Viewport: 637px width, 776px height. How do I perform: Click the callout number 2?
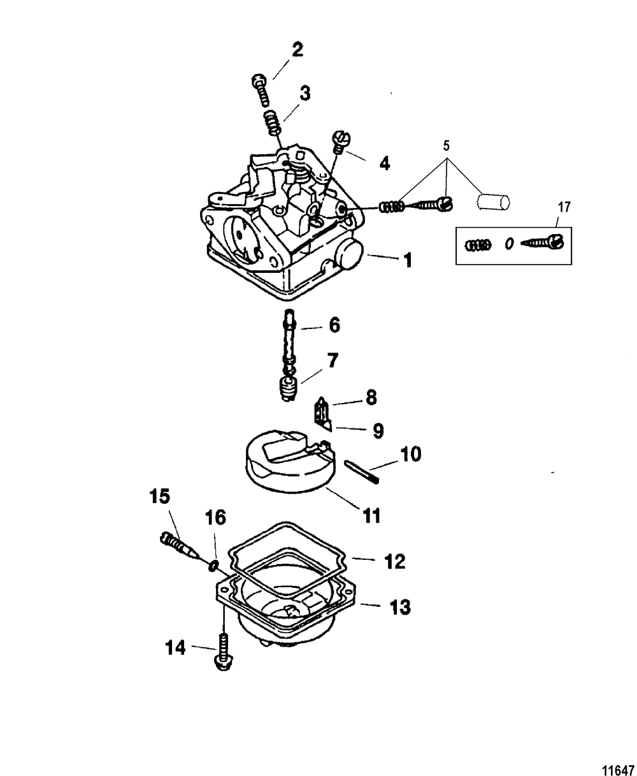297,50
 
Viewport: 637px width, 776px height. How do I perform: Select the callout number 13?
399,607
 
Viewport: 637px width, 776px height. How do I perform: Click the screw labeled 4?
340,140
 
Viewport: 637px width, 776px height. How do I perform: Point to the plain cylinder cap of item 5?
494,203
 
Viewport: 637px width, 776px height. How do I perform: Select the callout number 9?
378,432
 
